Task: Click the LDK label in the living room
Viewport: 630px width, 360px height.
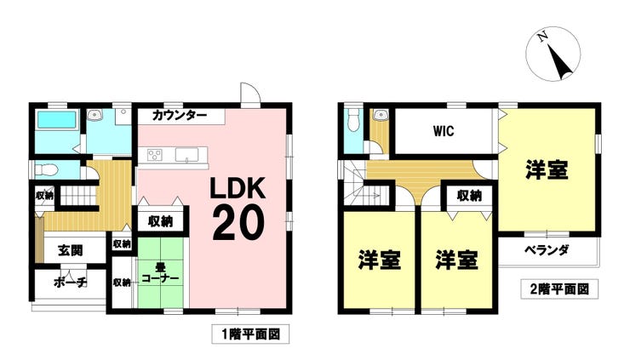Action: point(238,188)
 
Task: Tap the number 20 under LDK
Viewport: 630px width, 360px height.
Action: point(238,223)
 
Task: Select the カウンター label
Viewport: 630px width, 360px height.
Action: point(180,116)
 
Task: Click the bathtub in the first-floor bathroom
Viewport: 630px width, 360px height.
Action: point(57,120)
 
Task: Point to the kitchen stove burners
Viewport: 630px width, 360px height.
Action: point(155,155)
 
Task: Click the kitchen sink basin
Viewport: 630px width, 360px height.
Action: point(186,155)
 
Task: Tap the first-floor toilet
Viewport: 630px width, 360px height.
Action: point(47,170)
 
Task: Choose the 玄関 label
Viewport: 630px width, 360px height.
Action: point(71,251)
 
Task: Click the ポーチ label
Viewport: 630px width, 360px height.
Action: point(70,283)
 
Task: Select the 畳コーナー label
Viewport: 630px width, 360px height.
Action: point(160,272)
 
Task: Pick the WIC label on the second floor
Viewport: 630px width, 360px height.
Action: point(444,131)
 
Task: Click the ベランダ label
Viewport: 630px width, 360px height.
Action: point(547,250)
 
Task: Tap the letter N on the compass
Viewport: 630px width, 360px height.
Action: point(543,37)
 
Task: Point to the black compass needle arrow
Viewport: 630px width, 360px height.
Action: point(558,61)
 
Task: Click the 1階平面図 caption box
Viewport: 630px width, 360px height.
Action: point(250,334)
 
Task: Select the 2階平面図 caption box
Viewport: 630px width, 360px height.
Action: point(559,289)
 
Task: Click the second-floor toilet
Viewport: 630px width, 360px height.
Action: point(353,120)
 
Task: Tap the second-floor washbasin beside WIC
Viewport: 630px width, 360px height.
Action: point(379,115)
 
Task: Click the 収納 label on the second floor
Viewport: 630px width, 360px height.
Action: point(469,196)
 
